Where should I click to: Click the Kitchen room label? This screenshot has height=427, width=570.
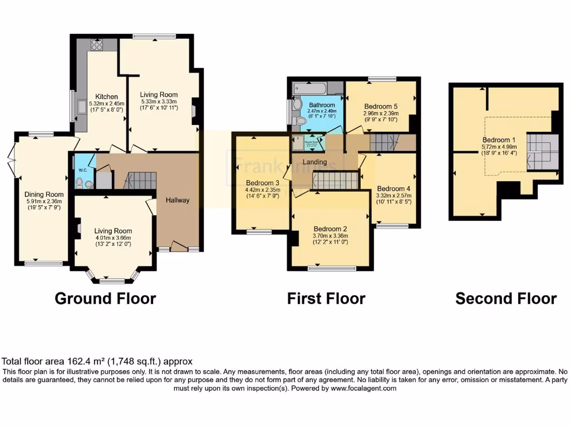pyautogui.click(x=105, y=96)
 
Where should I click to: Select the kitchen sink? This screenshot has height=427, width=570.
pyautogui.click(x=82, y=107)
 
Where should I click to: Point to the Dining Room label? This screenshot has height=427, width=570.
pyautogui.click(x=43, y=194)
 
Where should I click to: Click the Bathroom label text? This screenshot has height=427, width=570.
pyautogui.click(x=322, y=105)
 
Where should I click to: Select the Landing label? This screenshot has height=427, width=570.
pyautogui.click(x=315, y=162)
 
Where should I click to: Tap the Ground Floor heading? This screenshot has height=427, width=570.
pyautogui.click(x=105, y=299)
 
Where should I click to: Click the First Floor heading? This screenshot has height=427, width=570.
pyautogui.click(x=326, y=299)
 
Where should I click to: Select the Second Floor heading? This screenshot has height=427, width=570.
pyautogui.click(x=506, y=299)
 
